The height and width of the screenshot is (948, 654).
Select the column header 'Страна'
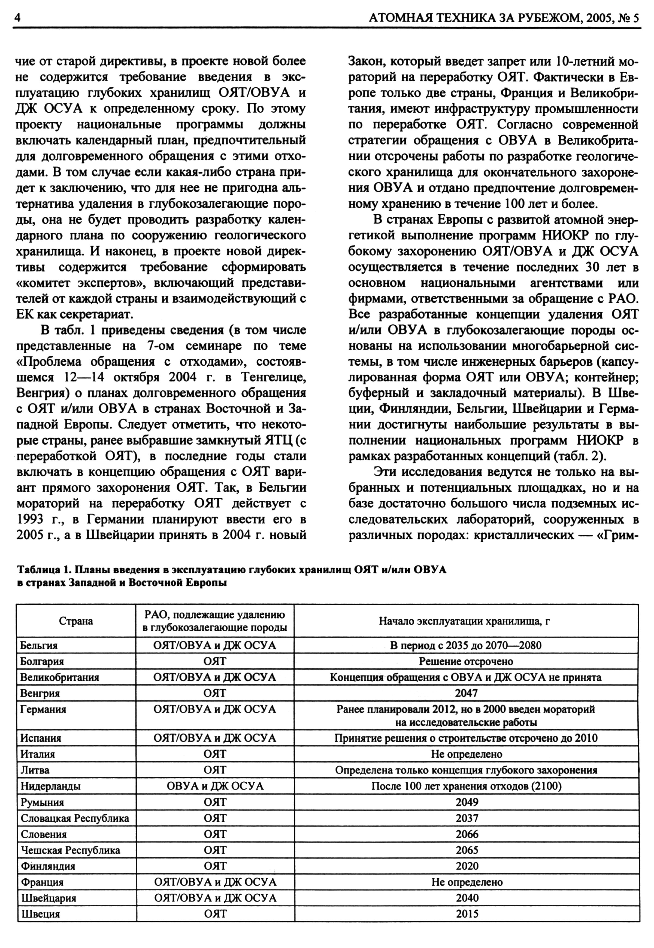tap(76, 621)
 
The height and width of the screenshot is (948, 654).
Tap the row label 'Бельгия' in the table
tap(39, 646)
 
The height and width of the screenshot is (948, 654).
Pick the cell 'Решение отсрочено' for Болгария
tap(466, 662)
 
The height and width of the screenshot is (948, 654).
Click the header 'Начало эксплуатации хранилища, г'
tap(466, 621)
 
